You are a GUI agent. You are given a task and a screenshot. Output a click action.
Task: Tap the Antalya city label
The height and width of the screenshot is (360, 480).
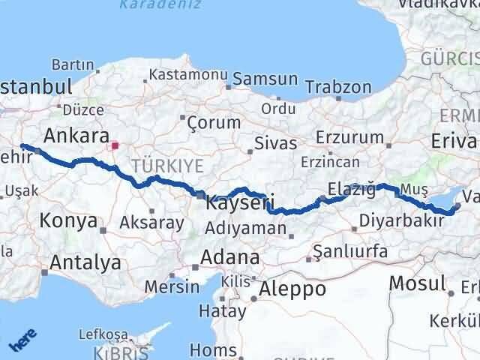pos(85,262)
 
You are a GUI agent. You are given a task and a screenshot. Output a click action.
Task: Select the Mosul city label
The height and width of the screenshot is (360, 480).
pos(417,283)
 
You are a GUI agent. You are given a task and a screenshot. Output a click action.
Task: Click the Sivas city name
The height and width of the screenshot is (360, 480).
pos(271,142)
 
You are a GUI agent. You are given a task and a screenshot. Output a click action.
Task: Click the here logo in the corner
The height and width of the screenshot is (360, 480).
pos(22,343)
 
